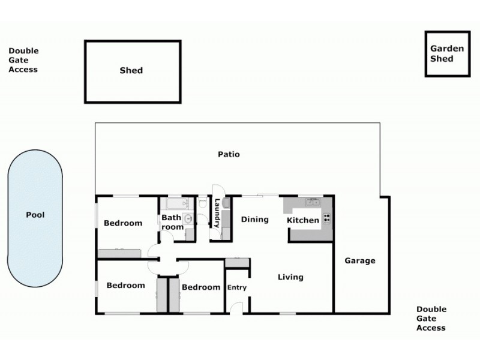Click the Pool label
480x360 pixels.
35,215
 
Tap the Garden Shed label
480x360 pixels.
446,53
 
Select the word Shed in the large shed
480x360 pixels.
131,70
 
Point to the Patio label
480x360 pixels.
229,154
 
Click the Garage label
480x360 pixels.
360,260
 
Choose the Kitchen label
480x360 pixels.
303,220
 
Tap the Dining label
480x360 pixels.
255,219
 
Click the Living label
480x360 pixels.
290,277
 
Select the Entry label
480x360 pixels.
237,288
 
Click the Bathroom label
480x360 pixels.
172,223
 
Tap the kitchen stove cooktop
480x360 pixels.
327,218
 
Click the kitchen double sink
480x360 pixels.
312,202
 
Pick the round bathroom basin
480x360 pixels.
188,219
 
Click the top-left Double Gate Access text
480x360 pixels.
23,61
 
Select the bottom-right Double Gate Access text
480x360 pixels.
431,319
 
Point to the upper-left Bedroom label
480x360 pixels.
123,223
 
